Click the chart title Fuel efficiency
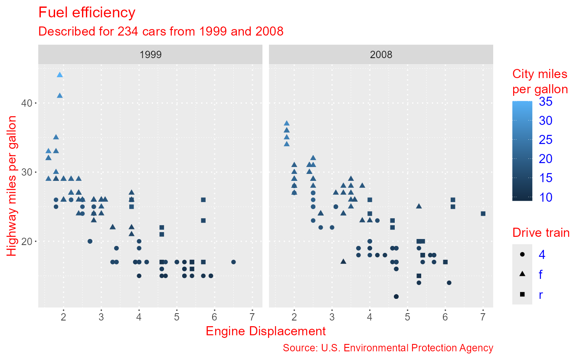pyautogui.click(x=87, y=13)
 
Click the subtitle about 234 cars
pyautogui.click(x=161, y=31)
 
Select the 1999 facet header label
pyautogui.click(x=151, y=55)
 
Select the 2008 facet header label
pyautogui.click(x=381, y=55)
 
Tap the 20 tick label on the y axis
pyautogui.click(x=26, y=241)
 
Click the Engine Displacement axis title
pyautogui.click(x=265, y=331)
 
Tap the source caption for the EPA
pyautogui.click(x=388, y=348)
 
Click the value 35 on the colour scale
pyautogui.click(x=546, y=101)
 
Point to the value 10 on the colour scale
pyautogui.click(x=546, y=197)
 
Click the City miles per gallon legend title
pyautogui.click(x=540, y=82)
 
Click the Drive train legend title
pyautogui.click(x=541, y=233)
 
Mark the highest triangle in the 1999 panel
pyautogui.click(x=60, y=75)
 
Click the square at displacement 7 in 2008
pyautogui.click(x=483, y=213)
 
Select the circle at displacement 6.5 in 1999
pyautogui.click(x=233, y=262)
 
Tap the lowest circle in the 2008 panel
pyautogui.click(x=396, y=297)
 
